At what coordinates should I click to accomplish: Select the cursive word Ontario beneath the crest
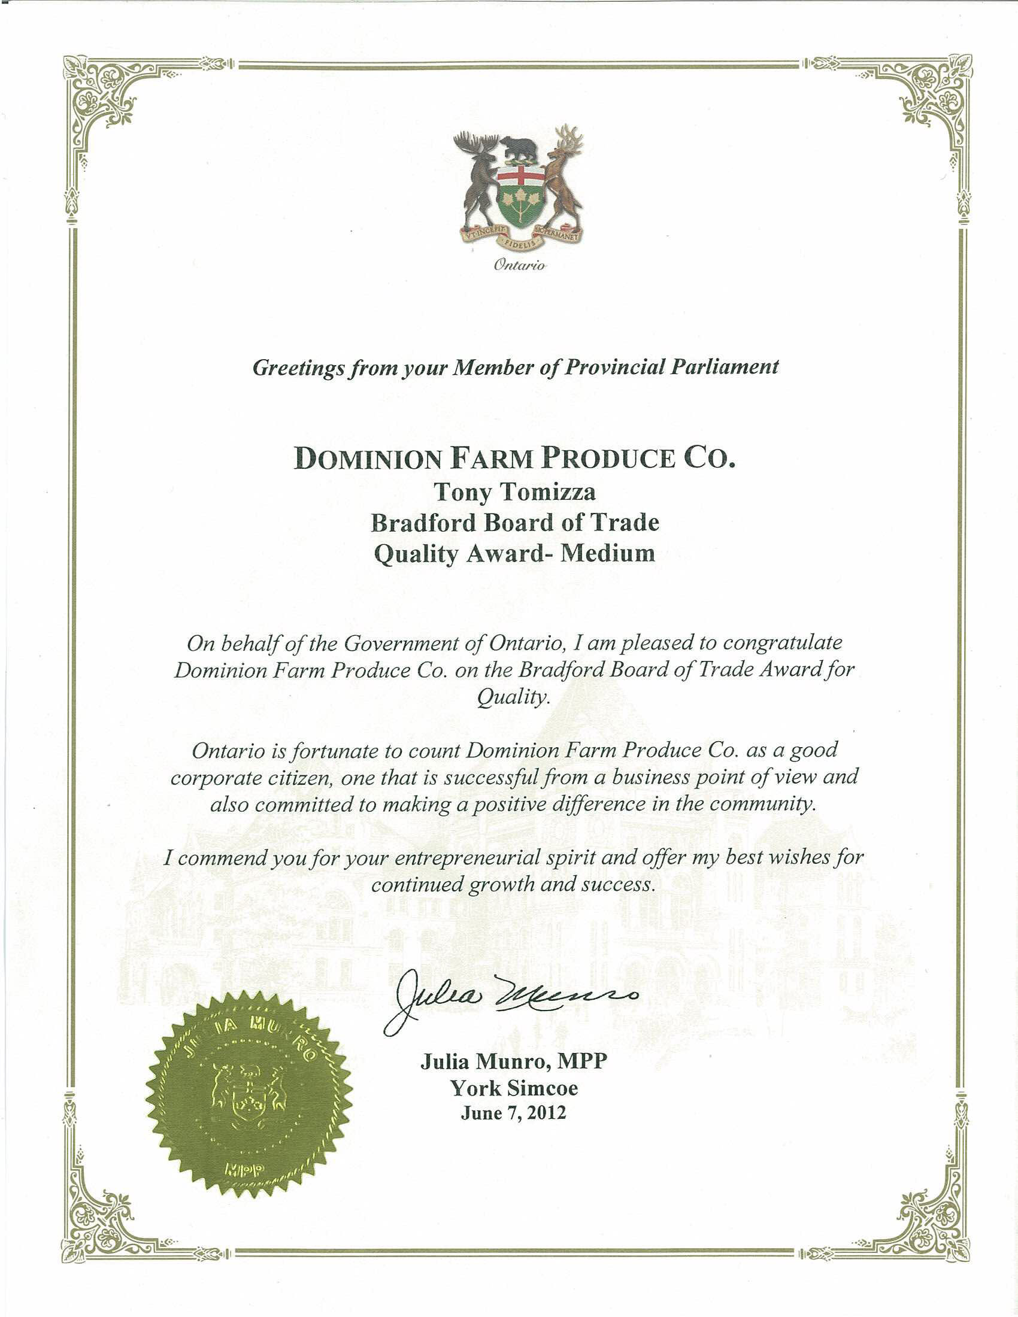[519, 265]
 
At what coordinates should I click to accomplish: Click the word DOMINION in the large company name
[369, 460]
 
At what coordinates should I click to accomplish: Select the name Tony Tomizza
[515, 493]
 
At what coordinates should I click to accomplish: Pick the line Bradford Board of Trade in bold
[514, 522]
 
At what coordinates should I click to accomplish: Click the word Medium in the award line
[608, 553]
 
